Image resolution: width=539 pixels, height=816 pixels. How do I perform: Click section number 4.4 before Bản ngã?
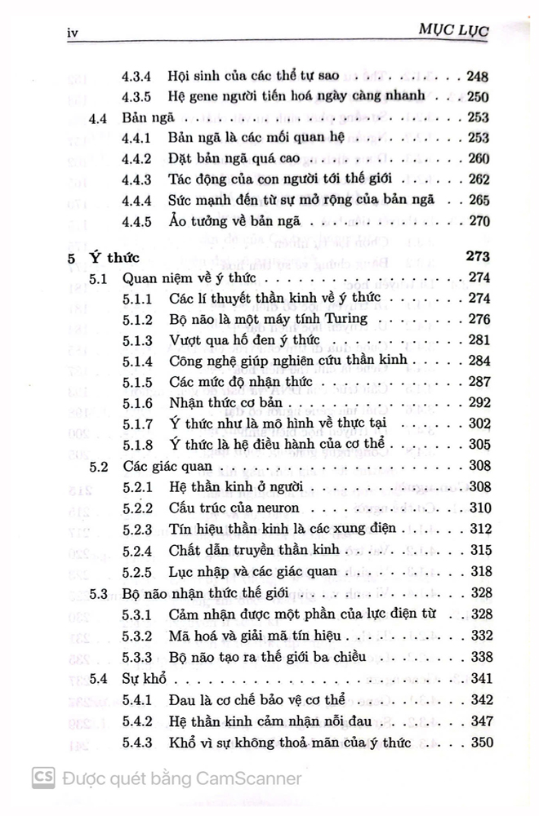click(99, 118)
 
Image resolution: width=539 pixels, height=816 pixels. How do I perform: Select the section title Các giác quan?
click(162, 467)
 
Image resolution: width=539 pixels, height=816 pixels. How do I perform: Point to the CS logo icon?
click(44, 778)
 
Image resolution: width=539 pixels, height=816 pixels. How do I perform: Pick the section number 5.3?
click(99, 593)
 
